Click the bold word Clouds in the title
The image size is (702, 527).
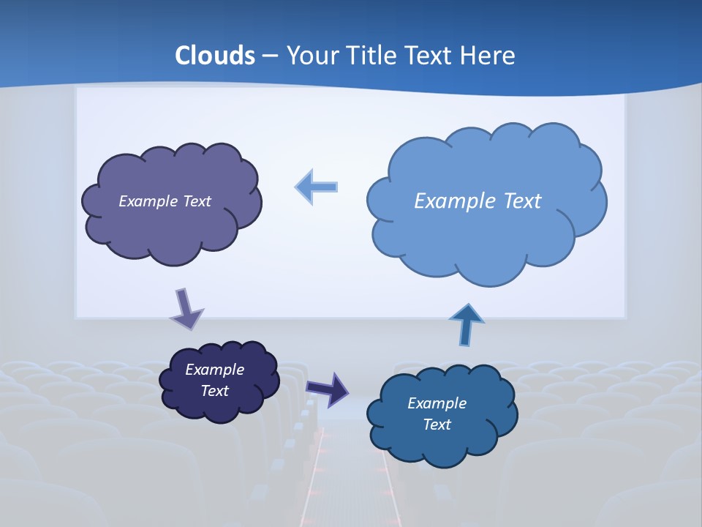[x=215, y=56]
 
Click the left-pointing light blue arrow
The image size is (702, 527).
[x=317, y=187]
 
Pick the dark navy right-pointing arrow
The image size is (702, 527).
[x=328, y=389]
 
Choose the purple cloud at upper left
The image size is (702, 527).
[x=172, y=220]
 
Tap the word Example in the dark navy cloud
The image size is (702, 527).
[x=215, y=370]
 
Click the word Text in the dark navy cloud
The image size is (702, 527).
[x=215, y=391]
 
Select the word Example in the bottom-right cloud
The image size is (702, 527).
[x=437, y=403]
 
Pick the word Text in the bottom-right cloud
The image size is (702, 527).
[x=437, y=425]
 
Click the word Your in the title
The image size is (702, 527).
[x=308, y=56]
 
